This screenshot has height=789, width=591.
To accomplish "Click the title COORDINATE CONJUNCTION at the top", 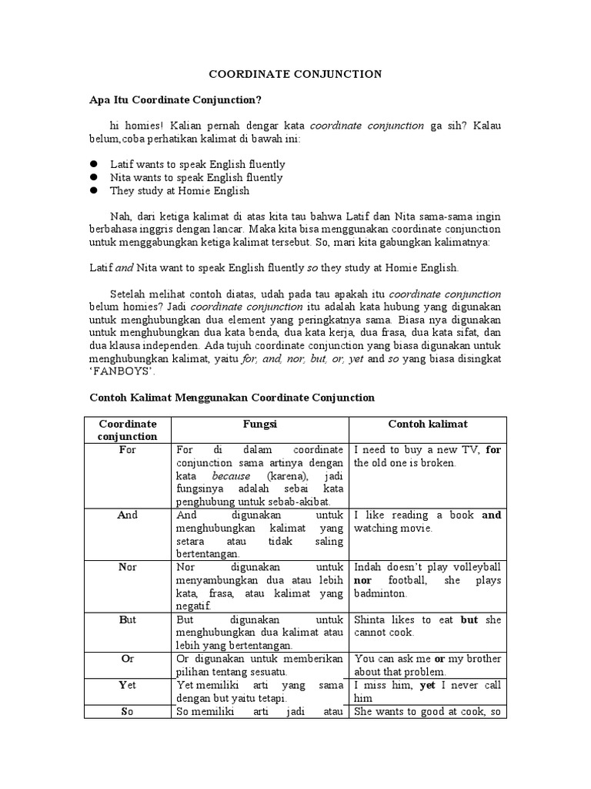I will point(296,74).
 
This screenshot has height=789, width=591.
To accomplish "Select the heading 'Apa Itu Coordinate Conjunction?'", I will point(175,100).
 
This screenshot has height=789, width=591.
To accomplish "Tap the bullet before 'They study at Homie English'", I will point(94,190).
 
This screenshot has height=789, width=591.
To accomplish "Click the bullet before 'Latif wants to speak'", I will point(94,164).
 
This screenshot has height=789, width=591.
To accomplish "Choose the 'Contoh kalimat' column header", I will point(428,424).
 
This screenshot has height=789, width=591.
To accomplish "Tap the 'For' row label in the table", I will point(127,450).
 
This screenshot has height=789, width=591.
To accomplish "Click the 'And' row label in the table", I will point(127,515).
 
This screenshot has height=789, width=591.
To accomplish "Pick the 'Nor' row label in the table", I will point(127,567).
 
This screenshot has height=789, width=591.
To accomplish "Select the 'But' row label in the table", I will point(127,619).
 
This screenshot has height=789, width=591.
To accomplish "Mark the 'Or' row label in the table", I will point(127,659).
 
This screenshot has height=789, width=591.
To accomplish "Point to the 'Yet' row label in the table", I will point(127,685).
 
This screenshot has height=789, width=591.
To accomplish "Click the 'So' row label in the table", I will point(127,712).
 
